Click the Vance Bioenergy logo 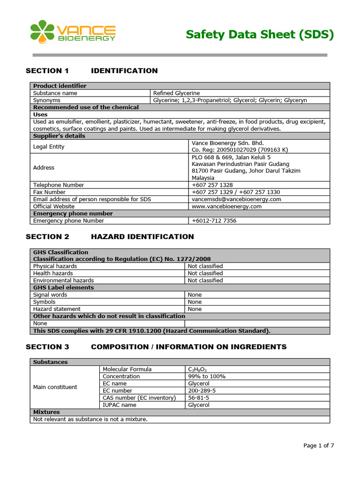[x=73, y=32]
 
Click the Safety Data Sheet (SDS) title [x=260, y=35]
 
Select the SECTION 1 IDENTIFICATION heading [x=91, y=71]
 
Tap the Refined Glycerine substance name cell [x=177, y=93]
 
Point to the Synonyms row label [x=47, y=100]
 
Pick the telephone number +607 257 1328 [x=212, y=185]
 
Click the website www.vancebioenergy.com [x=226, y=206]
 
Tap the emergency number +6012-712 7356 [x=214, y=221]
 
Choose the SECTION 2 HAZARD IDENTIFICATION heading [x=109, y=237]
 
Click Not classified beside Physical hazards [x=205, y=266]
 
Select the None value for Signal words [x=195, y=295]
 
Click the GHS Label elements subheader [x=63, y=288]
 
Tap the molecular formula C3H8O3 [x=197, y=370]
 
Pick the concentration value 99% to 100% [x=207, y=376]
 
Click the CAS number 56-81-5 [x=198, y=398]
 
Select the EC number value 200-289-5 [x=202, y=391]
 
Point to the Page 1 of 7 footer [x=318, y=446]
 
